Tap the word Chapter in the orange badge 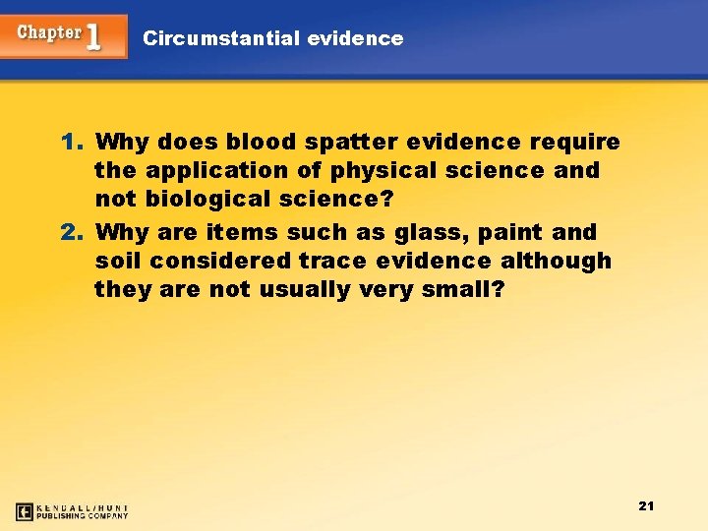(x=49, y=32)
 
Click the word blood (x=244, y=142)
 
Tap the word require (x=575, y=142)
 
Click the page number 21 (x=646, y=505)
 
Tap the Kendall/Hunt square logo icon (x=25, y=511)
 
